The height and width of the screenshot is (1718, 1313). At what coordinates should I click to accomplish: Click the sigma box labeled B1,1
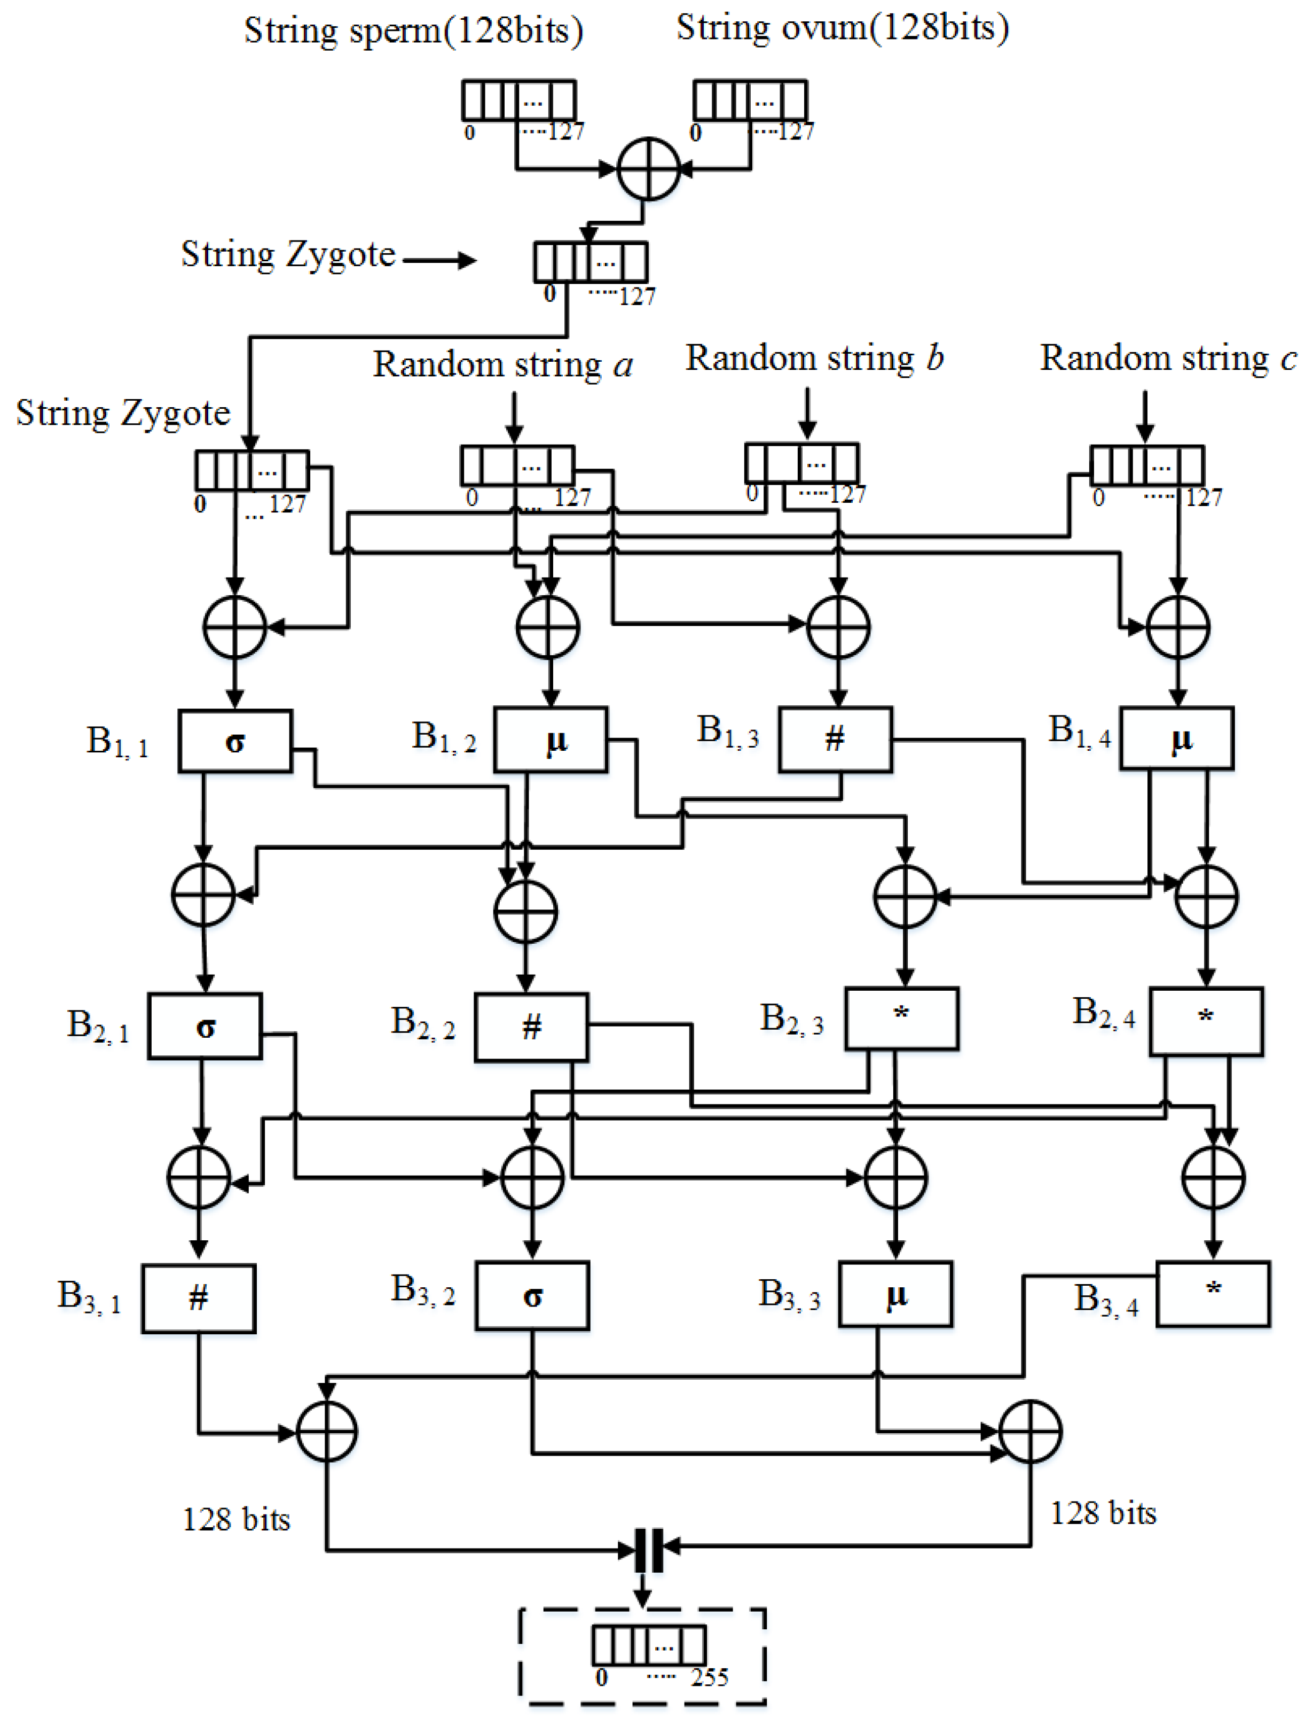[235, 741]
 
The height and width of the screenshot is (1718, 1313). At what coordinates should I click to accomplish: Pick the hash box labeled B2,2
[531, 1027]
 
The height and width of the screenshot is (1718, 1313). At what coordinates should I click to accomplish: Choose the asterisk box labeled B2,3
[901, 1018]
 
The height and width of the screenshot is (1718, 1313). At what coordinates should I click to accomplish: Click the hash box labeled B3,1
[199, 1298]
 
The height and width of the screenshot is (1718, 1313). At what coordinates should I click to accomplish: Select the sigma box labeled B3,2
[532, 1296]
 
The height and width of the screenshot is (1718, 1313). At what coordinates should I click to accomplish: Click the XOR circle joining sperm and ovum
[648, 169]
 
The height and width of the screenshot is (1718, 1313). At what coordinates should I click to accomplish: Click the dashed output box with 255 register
[642, 1655]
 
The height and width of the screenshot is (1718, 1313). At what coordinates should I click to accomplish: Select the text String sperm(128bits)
[413, 32]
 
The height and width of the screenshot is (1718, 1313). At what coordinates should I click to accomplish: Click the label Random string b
[814, 358]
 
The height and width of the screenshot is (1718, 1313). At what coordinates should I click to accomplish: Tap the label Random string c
[1168, 358]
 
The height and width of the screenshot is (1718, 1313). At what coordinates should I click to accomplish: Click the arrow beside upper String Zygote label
[439, 260]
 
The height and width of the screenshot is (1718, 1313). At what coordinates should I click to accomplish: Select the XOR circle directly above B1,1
[234, 626]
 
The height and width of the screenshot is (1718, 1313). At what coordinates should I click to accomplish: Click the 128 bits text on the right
[1103, 1513]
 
